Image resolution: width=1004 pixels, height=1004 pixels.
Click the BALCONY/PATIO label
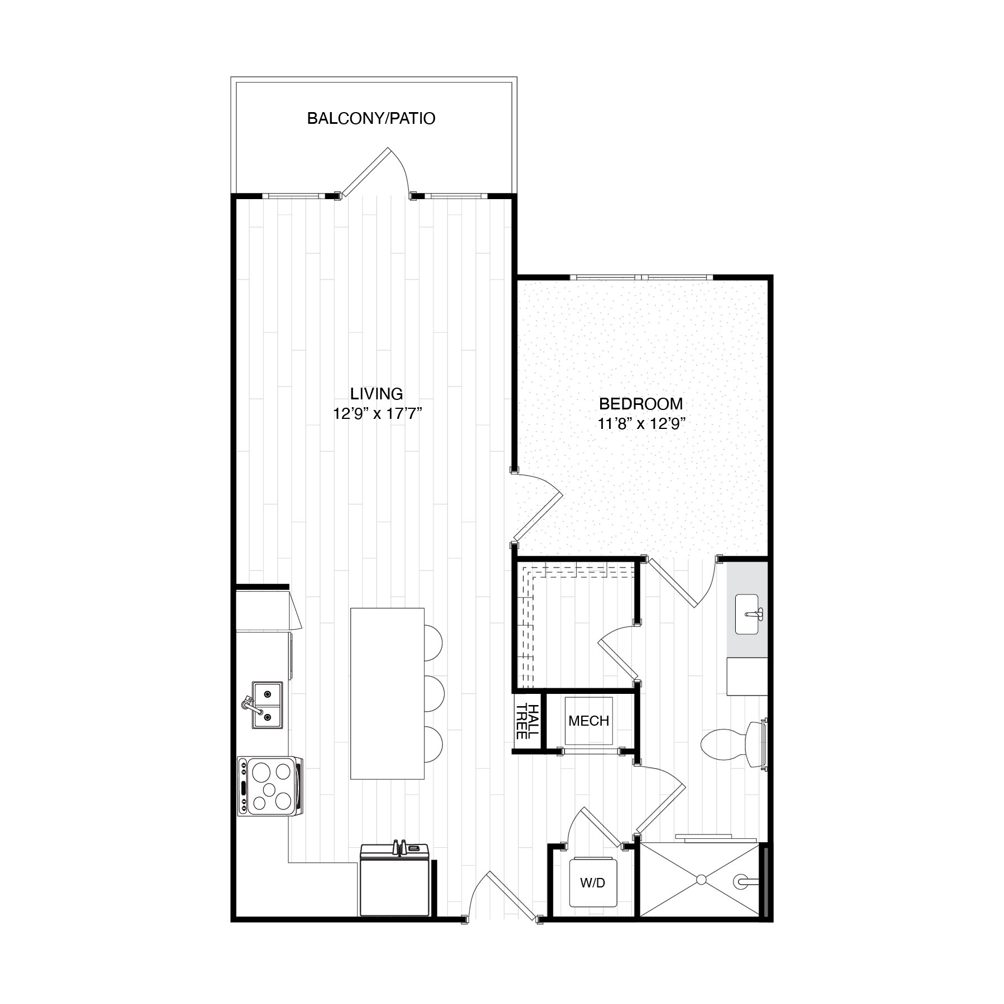tap(371, 119)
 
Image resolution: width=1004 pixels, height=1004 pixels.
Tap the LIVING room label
tap(376, 394)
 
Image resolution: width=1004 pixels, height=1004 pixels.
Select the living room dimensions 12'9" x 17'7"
tap(376, 414)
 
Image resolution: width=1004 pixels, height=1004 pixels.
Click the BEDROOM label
tap(640, 403)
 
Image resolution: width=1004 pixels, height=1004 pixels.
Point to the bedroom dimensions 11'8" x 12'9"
tap(640, 424)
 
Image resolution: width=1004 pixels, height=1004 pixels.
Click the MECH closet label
tap(588, 721)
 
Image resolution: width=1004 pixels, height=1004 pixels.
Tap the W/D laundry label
tap(592, 899)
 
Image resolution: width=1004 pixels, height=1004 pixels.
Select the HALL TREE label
tap(527, 721)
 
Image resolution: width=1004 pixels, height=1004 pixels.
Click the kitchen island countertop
tap(387, 693)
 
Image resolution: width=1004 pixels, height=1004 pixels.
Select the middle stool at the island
tap(434, 693)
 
